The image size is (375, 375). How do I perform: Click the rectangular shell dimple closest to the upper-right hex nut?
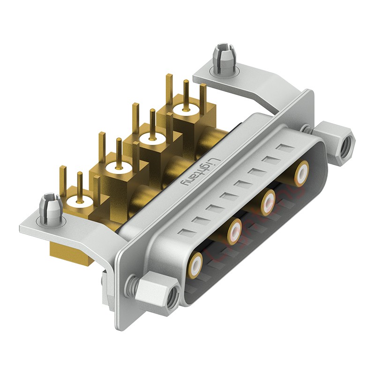click(283, 149)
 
